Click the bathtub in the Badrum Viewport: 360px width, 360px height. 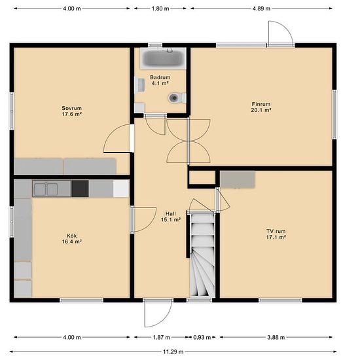(163, 58)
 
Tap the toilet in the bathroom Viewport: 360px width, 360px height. (177, 98)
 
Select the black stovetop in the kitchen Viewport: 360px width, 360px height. (80, 189)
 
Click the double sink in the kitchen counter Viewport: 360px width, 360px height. (46, 189)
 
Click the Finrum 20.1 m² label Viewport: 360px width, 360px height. (261, 107)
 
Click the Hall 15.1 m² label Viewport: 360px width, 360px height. (171, 217)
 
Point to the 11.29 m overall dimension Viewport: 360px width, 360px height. (173, 351)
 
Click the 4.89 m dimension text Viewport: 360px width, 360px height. (262, 9)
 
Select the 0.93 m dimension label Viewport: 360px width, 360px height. (202, 337)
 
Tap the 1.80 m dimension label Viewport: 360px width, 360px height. (160, 9)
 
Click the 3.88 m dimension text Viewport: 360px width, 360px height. (276, 337)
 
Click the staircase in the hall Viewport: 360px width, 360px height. (203, 255)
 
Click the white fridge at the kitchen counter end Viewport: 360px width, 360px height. (121, 189)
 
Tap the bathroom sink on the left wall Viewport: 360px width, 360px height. (139, 85)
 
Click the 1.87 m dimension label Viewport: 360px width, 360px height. (162, 337)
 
